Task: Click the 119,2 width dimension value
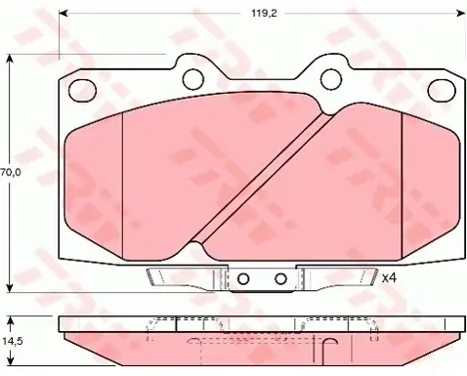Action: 264,14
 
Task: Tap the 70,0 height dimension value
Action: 11,172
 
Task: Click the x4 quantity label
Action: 389,278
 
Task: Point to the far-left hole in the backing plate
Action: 82,91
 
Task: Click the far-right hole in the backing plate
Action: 442,91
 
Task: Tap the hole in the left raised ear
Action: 193,79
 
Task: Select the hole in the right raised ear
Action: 331,79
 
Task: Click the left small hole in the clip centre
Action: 243,278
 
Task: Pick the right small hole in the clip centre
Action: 280,278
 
